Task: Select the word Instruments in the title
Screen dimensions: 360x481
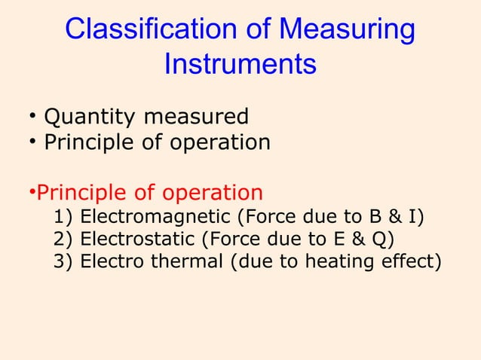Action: (240, 64)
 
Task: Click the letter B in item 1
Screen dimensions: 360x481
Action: (375, 218)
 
